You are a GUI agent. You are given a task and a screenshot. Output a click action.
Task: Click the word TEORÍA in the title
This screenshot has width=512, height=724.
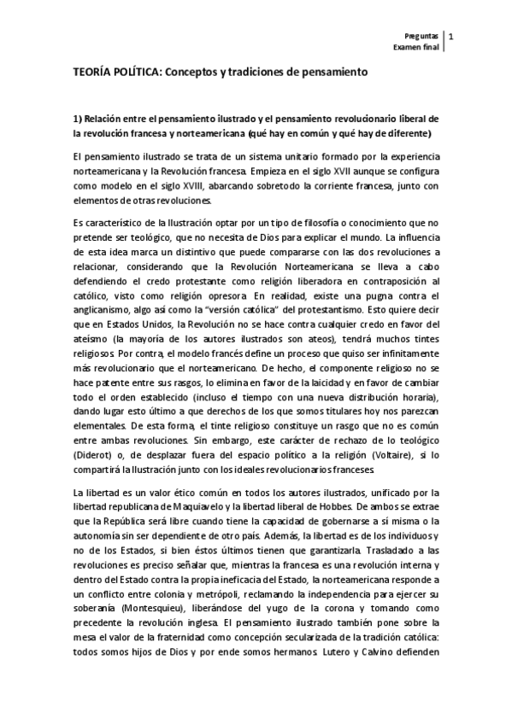[x=93, y=74]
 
